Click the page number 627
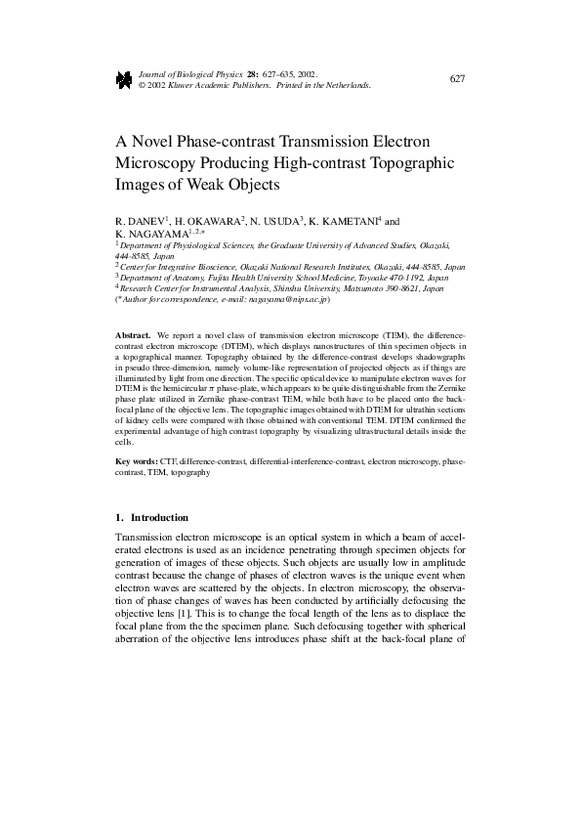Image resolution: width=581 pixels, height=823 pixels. click(x=457, y=79)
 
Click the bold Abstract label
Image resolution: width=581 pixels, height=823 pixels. click(x=133, y=334)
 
